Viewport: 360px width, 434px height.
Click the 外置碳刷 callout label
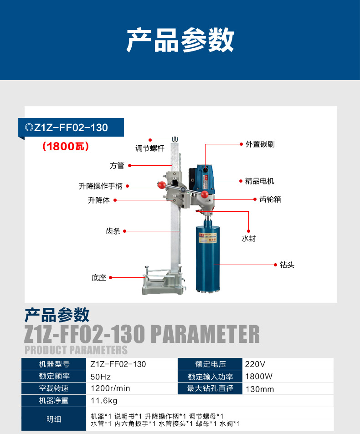(x=260, y=144)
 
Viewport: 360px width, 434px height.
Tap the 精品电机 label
(x=260, y=181)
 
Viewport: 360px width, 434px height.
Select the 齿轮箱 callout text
(x=270, y=199)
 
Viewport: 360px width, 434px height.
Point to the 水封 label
(x=248, y=238)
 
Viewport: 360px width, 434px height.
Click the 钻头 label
(x=287, y=265)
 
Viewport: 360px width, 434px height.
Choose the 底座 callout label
(x=99, y=277)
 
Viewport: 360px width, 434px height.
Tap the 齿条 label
(x=113, y=231)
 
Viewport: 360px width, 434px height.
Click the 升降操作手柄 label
(x=101, y=186)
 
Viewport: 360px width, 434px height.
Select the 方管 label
(x=117, y=165)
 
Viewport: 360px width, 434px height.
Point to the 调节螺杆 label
(x=150, y=148)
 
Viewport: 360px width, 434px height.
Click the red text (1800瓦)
(x=66, y=147)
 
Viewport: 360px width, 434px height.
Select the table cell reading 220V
(x=255, y=364)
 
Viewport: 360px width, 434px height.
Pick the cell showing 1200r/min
(x=110, y=388)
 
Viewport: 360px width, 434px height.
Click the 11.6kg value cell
(x=104, y=401)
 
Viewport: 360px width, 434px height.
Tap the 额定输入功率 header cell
(x=211, y=377)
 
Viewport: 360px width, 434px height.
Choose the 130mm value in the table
(x=260, y=389)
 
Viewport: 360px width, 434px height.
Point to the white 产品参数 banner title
(x=180, y=40)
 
